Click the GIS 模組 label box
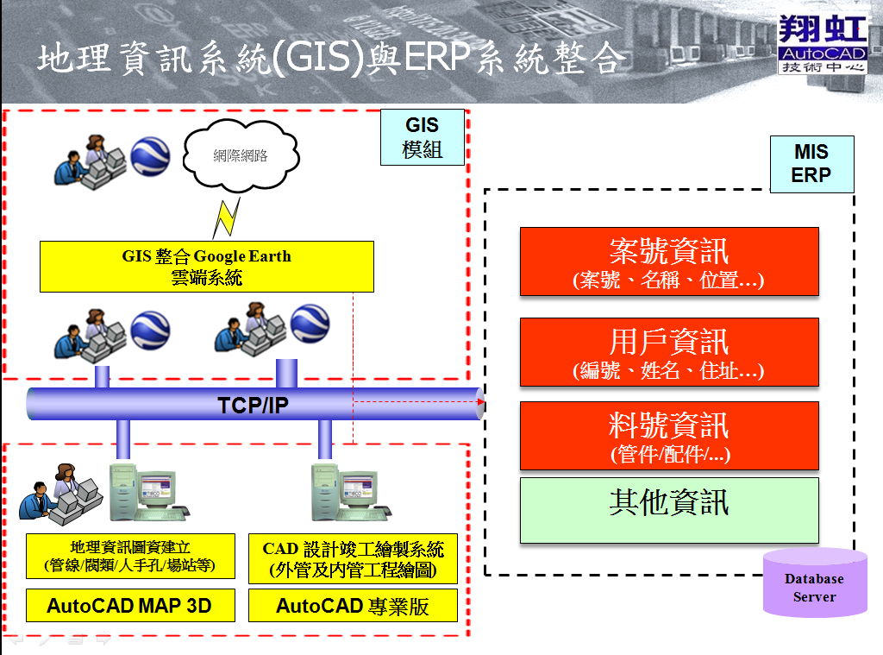coord(423,137)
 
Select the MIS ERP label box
coord(811,163)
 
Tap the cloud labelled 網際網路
coord(241,156)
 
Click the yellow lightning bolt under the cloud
coord(227,217)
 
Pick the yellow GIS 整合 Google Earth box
coord(207,266)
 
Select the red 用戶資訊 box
coord(669,352)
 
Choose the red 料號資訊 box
coord(669,436)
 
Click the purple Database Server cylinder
coord(815,584)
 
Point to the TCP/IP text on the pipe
coord(253,405)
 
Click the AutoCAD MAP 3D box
coord(129,605)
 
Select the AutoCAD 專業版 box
coord(353,605)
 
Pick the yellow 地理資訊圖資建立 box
coord(129,557)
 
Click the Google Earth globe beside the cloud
coord(151,156)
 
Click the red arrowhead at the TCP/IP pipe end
coord(480,404)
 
